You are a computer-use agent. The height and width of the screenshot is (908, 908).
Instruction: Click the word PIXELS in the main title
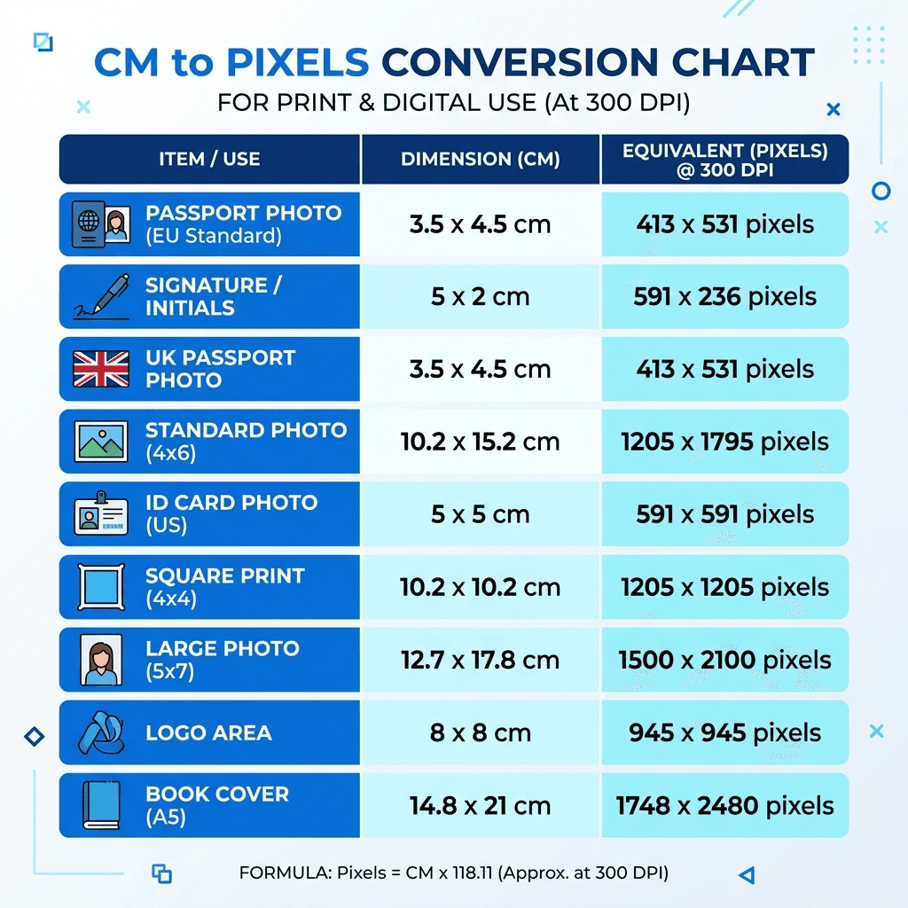(x=297, y=63)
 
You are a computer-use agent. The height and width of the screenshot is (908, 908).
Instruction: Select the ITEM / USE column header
(x=209, y=160)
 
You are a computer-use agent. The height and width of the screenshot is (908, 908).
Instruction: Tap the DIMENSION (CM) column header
(x=480, y=160)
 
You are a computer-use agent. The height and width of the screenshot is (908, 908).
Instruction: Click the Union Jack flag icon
(x=100, y=369)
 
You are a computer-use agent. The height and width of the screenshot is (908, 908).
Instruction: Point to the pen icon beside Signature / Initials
(x=100, y=296)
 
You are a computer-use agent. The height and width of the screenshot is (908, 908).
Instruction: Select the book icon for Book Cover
(x=100, y=805)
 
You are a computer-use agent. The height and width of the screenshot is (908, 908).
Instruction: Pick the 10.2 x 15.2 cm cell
(x=480, y=442)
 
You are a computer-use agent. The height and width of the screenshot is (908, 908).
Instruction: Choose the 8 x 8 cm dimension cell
(x=480, y=733)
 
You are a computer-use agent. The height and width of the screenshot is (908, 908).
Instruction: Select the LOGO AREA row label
(x=208, y=733)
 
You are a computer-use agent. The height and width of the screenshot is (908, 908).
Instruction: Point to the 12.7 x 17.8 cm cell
(x=480, y=661)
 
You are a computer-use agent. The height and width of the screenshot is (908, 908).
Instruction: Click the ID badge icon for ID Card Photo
(x=100, y=514)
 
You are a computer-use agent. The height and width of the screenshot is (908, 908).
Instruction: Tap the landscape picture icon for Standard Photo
(x=100, y=442)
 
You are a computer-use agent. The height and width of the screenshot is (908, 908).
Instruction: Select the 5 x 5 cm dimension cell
(x=480, y=514)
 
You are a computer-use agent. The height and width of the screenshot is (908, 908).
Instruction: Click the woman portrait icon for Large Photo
(x=100, y=661)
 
